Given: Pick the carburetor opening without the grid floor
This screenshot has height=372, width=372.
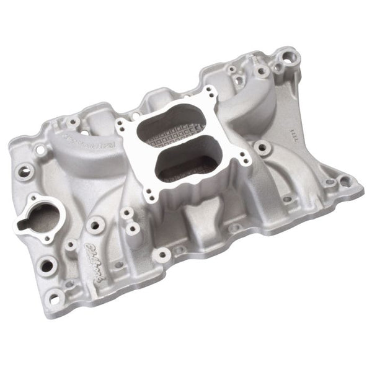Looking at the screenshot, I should click(x=180, y=164).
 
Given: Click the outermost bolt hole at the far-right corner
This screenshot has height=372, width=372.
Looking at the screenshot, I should click(x=345, y=182).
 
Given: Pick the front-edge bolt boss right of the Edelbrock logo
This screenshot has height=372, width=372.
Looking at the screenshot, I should click(x=162, y=253).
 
